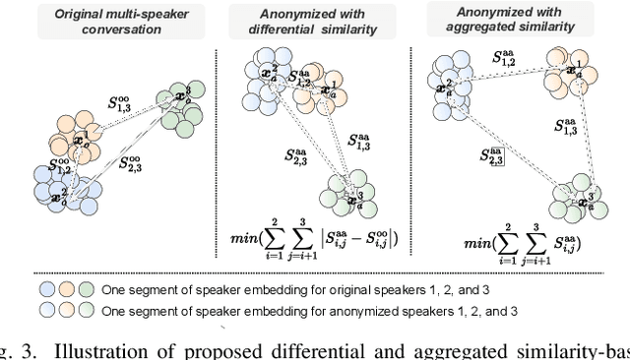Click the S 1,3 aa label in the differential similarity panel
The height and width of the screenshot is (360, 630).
[x=360, y=144]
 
